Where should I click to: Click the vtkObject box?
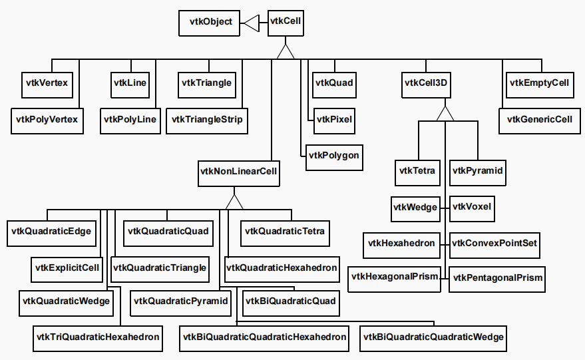[x=211, y=23]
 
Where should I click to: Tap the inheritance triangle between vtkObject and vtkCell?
[x=251, y=23]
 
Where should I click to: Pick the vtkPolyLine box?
[x=130, y=120]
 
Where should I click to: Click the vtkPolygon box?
[x=334, y=156]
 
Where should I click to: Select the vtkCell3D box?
[x=426, y=83]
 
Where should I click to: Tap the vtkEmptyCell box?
[x=539, y=83]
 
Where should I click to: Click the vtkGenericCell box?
[x=539, y=120]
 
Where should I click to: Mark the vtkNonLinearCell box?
[x=238, y=172]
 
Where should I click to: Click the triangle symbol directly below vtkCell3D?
[x=445, y=114]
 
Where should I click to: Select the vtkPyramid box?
[x=477, y=172]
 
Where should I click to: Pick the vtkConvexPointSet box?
[x=494, y=244]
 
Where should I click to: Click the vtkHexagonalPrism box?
[x=395, y=276]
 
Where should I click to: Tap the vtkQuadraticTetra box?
[x=285, y=232]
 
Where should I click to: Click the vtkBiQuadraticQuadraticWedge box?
[x=433, y=337]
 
